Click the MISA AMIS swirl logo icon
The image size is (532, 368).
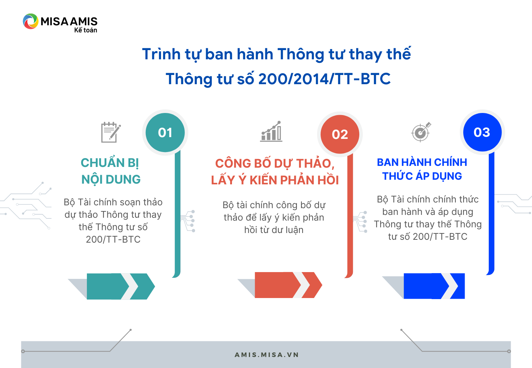tap(31, 21)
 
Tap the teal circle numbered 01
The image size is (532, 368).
tap(165, 132)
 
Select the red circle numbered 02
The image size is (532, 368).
tap(340, 134)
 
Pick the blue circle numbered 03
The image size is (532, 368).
tap(482, 132)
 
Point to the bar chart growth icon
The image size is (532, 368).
tap(271, 131)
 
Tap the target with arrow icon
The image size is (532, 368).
tap(421, 132)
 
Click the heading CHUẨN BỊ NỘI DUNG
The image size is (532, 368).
tap(111, 171)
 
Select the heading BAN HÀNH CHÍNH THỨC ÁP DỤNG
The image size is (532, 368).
tap(422, 169)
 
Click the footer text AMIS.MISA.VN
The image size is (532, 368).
tap(266, 355)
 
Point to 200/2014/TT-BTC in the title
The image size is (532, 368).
tap(325, 79)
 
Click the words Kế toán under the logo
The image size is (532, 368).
tap(85, 30)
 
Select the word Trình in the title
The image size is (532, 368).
tap(161, 54)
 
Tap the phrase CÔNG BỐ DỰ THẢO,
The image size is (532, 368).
tap(275, 164)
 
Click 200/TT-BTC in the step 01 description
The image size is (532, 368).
tap(113, 239)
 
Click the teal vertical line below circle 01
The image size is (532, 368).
tap(177, 214)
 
